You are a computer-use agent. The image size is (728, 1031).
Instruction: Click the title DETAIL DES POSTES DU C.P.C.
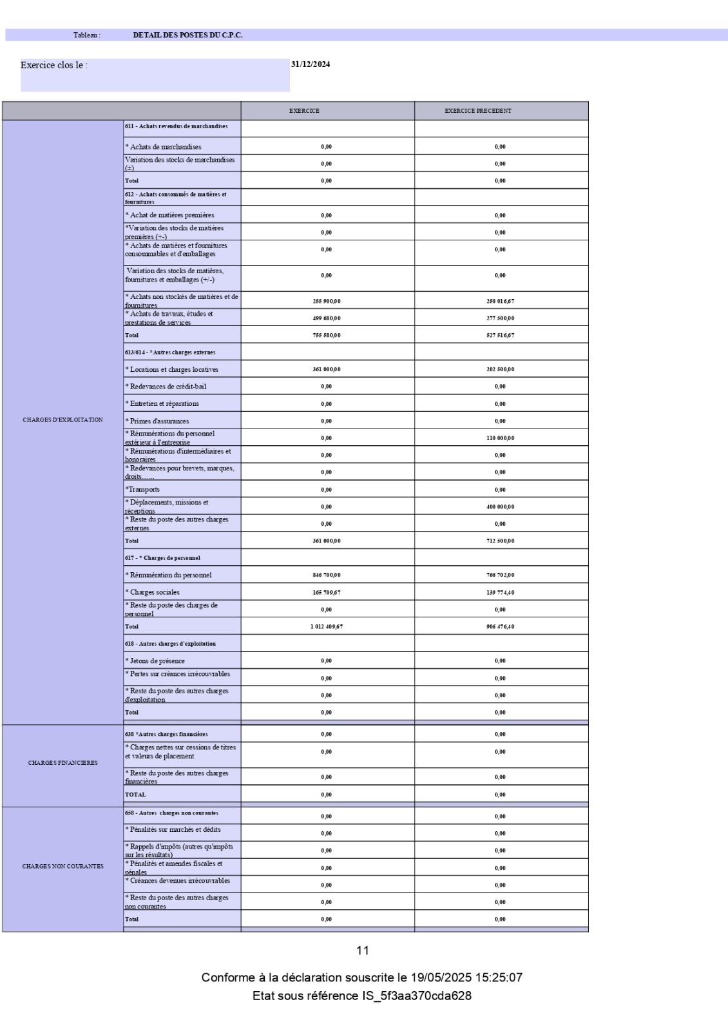[x=187, y=35]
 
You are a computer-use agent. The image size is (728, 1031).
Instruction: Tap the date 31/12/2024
[x=311, y=64]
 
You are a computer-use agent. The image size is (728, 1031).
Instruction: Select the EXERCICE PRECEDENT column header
[x=477, y=111]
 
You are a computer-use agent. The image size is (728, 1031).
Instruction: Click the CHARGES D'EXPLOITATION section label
[x=62, y=420]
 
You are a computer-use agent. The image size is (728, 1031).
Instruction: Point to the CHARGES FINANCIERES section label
[x=62, y=763]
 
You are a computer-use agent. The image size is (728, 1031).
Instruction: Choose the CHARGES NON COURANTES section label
[x=62, y=866]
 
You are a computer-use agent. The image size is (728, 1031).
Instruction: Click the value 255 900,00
[x=327, y=301]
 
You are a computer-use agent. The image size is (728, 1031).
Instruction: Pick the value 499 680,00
[x=327, y=318]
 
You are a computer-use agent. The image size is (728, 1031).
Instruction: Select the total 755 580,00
[x=327, y=335]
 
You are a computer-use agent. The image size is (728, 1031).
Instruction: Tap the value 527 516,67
[x=500, y=335]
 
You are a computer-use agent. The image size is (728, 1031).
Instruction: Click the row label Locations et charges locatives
[x=174, y=370]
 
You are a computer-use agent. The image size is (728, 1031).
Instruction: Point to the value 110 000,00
[x=500, y=438]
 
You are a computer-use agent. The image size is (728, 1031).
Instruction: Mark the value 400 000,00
[x=500, y=507]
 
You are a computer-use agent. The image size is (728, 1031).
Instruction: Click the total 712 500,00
[x=500, y=541]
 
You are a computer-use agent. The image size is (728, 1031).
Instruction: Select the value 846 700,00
[x=327, y=575]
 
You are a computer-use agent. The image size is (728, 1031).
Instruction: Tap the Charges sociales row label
[x=155, y=592]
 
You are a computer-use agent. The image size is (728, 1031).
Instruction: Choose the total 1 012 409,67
[x=327, y=626]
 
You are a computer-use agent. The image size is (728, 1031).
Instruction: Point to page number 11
[x=363, y=950]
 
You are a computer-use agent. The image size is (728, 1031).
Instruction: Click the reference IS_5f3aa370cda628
[x=417, y=996]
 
